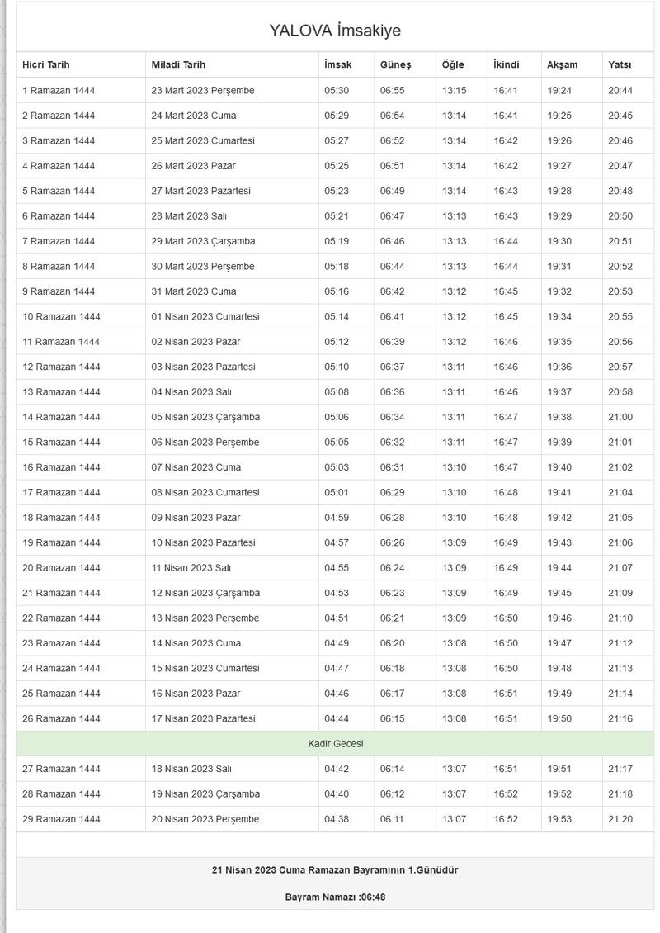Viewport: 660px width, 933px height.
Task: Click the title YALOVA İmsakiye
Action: click(335, 31)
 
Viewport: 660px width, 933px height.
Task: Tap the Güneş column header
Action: click(395, 64)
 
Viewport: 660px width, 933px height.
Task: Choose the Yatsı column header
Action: click(620, 64)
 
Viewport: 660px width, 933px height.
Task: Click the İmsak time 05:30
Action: click(337, 91)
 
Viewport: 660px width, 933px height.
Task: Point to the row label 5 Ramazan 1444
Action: click(59, 191)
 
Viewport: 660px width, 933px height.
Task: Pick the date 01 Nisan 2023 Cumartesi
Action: click(205, 316)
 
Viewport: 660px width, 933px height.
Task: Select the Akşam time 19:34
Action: click(559, 316)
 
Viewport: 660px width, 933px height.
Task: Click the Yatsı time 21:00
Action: click(620, 417)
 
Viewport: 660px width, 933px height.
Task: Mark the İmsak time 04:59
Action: click(337, 518)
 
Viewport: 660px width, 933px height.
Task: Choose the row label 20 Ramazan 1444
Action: click(61, 567)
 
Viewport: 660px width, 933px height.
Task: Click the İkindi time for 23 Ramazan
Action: click(506, 643)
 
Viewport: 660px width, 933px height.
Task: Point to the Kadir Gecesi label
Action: click(335, 744)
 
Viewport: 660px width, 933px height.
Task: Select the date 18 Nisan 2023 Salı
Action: click(191, 769)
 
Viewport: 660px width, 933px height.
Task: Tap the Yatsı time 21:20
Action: click(620, 819)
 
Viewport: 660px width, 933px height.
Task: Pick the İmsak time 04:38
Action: click(337, 819)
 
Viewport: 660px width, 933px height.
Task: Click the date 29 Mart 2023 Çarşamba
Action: click(203, 241)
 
